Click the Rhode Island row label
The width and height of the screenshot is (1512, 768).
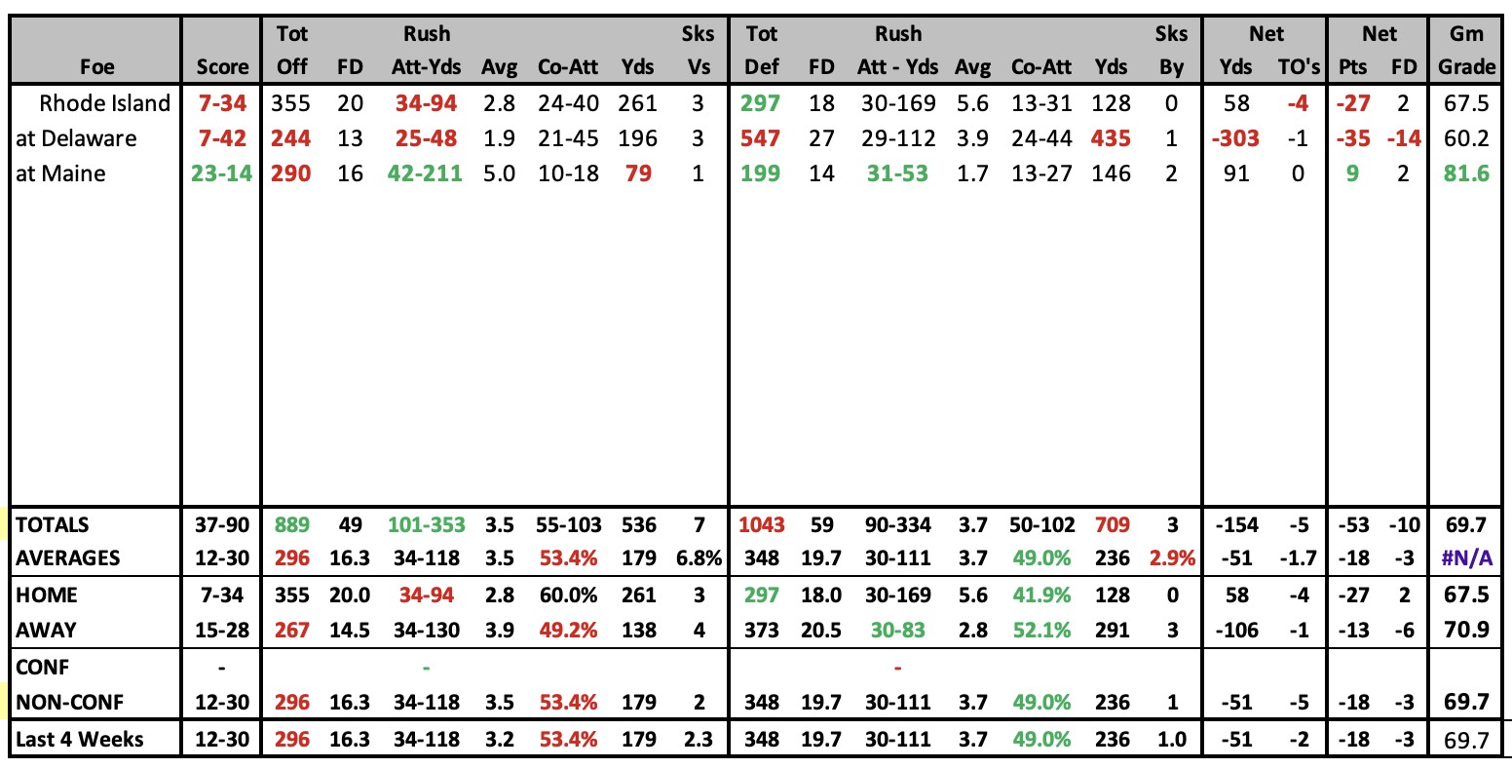(x=104, y=103)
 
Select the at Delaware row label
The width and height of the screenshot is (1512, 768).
(x=76, y=138)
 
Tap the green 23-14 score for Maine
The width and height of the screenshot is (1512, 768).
(x=221, y=173)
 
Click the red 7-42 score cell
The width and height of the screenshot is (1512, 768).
(x=222, y=138)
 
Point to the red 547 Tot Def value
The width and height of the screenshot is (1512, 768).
(x=760, y=138)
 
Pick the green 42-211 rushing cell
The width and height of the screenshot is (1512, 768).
(x=425, y=173)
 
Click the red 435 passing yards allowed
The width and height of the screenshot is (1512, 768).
(x=1111, y=138)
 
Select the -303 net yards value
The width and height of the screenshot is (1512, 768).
(x=1235, y=138)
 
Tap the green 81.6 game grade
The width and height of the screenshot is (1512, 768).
(x=1466, y=173)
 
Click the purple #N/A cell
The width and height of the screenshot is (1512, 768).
(x=1466, y=557)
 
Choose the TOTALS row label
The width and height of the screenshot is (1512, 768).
(x=52, y=525)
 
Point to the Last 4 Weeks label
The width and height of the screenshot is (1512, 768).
(x=79, y=739)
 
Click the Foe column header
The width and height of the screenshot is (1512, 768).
(x=97, y=66)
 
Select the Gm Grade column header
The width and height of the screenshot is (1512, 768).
(x=1467, y=50)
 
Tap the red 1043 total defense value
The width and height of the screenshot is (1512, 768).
(x=762, y=525)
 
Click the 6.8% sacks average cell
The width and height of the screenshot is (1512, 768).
(x=699, y=557)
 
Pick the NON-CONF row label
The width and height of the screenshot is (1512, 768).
(x=69, y=703)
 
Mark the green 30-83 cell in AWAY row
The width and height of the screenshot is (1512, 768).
(x=897, y=631)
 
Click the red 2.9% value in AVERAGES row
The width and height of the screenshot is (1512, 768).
(x=1172, y=557)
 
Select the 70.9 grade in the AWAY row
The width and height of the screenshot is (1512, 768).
(x=1466, y=631)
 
